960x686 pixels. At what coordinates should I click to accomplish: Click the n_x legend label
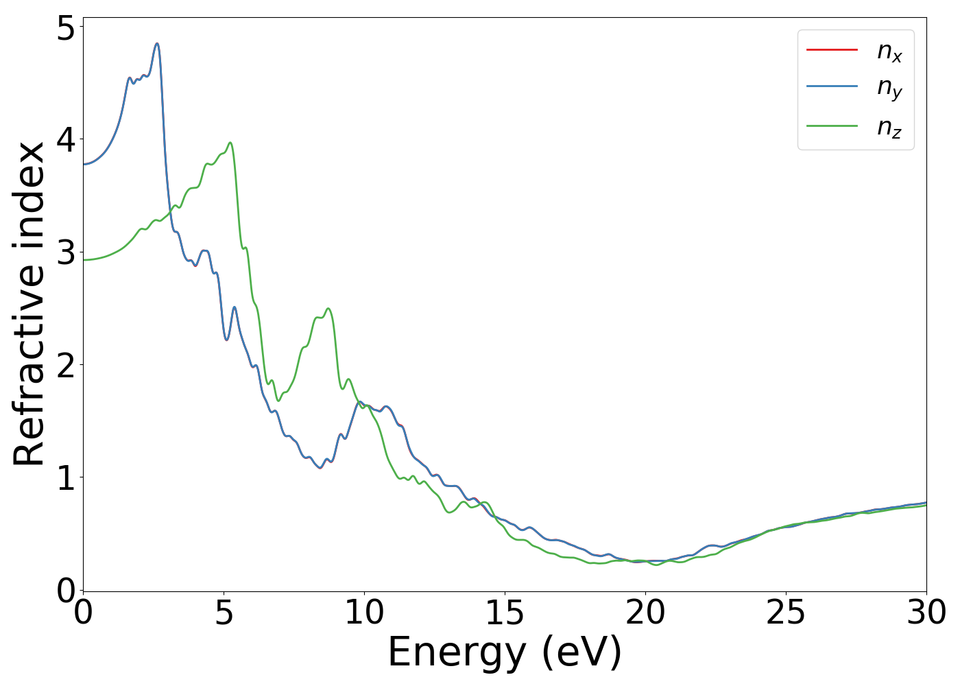click(889, 51)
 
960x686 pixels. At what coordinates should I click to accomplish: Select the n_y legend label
click(889, 88)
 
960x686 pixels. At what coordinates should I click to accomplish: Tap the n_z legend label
click(889, 128)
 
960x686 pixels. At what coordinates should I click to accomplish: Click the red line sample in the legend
click(832, 49)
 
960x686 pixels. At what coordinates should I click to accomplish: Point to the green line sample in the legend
click(832, 126)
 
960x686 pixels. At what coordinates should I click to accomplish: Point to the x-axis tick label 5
click(224, 613)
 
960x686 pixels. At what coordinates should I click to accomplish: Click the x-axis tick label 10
click(364, 613)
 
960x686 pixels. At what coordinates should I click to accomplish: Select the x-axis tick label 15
click(505, 613)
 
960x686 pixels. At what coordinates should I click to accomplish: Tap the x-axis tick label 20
click(645, 613)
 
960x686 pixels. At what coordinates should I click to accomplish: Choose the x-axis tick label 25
click(786, 613)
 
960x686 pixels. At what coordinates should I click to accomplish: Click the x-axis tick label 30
click(926, 613)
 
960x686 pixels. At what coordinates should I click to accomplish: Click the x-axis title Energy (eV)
click(505, 652)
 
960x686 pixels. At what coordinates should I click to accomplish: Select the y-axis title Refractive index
click(29, 304)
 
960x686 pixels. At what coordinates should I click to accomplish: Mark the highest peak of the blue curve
click(157, 44)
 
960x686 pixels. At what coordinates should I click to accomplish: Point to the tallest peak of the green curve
click(230, 143)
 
